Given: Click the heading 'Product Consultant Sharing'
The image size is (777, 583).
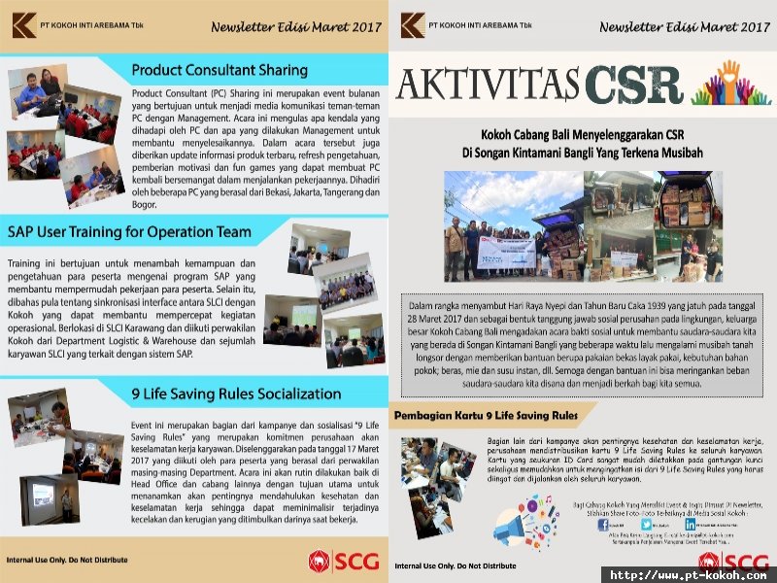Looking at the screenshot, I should coord(219,70).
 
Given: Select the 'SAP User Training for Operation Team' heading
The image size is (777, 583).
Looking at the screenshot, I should coord(129,232).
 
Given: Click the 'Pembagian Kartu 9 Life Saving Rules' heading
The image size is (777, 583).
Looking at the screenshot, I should coord(486,416).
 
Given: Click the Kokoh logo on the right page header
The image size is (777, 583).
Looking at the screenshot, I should coord(412,24).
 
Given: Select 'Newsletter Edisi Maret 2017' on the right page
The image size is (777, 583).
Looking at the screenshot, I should coord(684,27).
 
